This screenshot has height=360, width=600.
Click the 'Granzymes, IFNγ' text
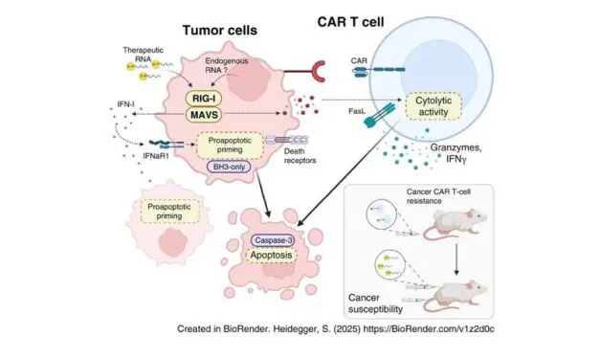460,169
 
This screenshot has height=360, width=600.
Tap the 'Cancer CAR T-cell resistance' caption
460,196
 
